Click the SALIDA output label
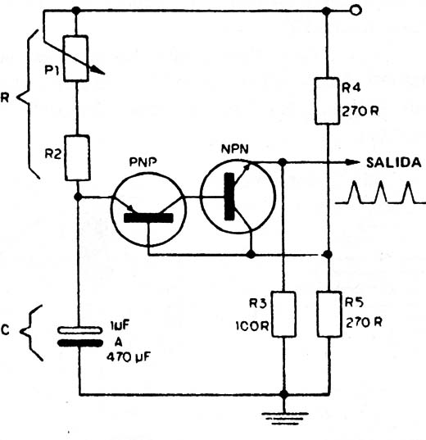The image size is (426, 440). (394, 162)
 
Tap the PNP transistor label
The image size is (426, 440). (143, 162)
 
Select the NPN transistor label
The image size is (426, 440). (235, 149)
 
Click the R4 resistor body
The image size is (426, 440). (327, 101)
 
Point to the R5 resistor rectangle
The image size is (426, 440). (329, 314)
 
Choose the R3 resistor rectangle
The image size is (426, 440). (283, 314)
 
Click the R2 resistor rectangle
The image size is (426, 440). (78, 157)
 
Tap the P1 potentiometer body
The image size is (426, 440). (76, 58)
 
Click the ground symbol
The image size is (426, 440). (284, 418)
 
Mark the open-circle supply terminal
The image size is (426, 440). (356, 11)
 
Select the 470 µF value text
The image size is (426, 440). (129, 357)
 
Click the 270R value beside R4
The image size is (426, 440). (360, 111)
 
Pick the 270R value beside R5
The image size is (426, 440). (364, 323)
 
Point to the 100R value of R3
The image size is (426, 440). (252, 326)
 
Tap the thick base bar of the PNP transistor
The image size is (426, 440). (148, 218)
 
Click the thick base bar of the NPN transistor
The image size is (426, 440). (229, 197)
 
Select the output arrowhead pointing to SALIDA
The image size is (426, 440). (352, 162)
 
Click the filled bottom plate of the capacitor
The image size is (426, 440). (80, 343)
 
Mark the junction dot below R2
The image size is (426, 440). (78, 197)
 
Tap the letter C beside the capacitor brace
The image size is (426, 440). (6, 330)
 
